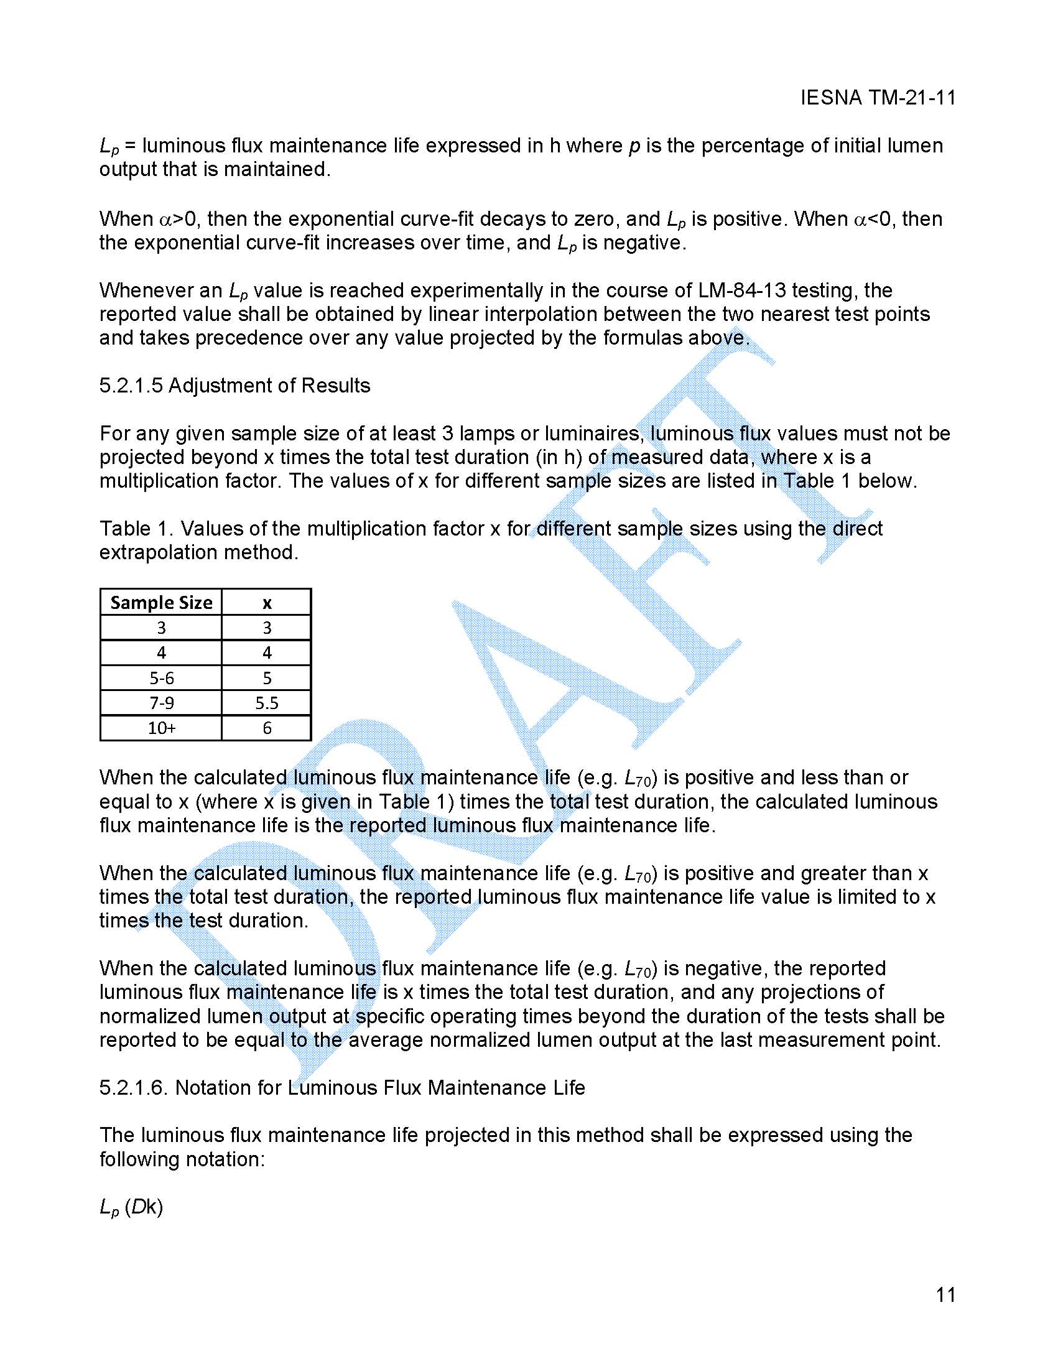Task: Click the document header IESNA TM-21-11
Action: pyautogui.click(x=878, y=98)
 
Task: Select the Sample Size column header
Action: pyautogui.click(x=161, y=602)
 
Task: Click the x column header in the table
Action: pyautogui.click(x=267, y=602)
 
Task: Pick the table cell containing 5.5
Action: pyautogui.click(x=267, y=703)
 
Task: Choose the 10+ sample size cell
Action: pyautogui.click(x=161, y=728)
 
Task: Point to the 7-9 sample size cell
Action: pyautogui.click(x=161, y=703)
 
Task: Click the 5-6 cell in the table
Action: pyautogui.click(x=161, y=677)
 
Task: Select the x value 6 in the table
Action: pyautogui.click(x=267, y=728)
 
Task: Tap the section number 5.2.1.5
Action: pyautogui.click(x=131, y=386)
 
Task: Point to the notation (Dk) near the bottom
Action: pyautogui.click(x=144, y=1207)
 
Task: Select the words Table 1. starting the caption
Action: pyautogui.click(x=136, y=529)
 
